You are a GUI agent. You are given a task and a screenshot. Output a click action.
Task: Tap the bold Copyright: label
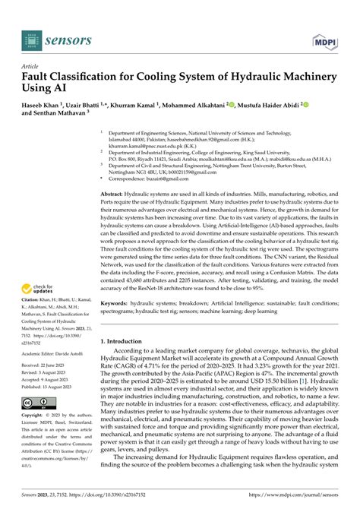pos(36,416)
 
